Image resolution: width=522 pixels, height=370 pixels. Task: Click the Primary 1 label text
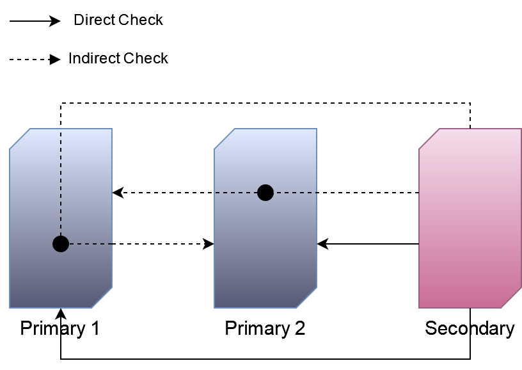(60, 329)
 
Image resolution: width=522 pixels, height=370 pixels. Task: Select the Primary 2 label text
(265, 329)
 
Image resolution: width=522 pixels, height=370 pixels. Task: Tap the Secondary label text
(470, 329)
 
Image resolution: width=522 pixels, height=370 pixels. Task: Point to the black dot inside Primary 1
(61, 244)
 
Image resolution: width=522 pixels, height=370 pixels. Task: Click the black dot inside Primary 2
(265, 193)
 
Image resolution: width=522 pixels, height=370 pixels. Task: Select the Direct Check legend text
(118, 20)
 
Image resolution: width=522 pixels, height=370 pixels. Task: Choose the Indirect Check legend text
(118, 59)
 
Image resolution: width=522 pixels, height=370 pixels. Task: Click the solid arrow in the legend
(35, 21)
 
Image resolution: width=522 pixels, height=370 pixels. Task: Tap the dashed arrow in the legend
(35, 60)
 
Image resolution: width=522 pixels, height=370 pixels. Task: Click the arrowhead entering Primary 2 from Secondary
(322, 244)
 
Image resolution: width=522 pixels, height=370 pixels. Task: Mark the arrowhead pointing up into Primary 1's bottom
(61, 314)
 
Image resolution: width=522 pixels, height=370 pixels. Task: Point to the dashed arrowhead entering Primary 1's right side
(118, 193)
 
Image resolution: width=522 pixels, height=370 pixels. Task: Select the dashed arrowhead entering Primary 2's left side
(209, 244)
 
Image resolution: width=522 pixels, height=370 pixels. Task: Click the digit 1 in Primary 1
(95, 329)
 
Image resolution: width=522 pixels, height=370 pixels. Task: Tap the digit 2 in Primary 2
(299, 329)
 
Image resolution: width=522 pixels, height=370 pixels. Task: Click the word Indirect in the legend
(94, 59)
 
